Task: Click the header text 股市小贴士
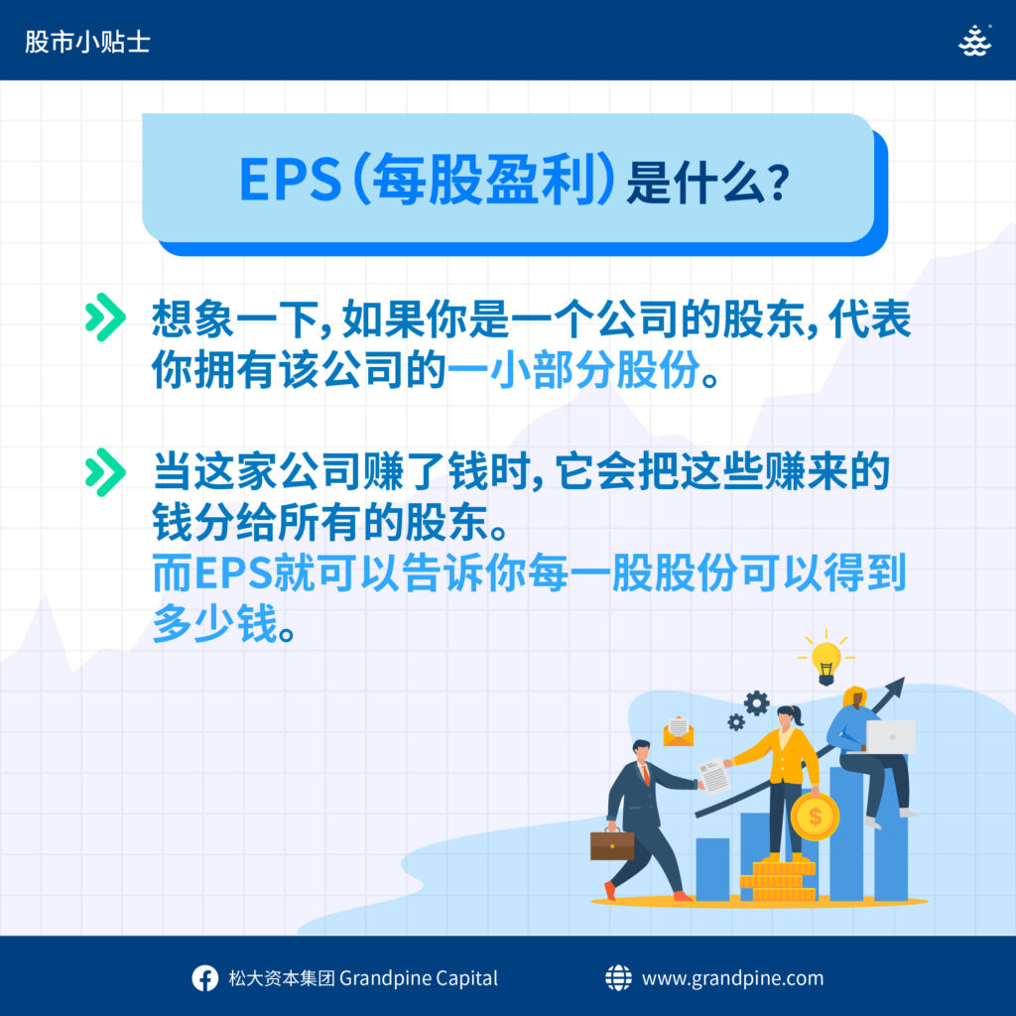pos(87,42)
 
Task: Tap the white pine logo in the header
pos(974,41)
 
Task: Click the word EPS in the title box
pos(291,180)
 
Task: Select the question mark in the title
pos(776,183)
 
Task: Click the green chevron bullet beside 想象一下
pos(105,317)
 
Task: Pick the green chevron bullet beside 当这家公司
pos(105,472)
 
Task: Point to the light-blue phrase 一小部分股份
pos(573,370)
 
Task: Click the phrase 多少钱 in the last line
pos(215,623)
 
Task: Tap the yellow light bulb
pos(825,662)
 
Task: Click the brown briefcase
pos(611,844)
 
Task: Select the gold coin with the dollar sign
pos(815,816)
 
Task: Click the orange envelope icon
pos(679,731)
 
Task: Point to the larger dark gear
pos(756,703)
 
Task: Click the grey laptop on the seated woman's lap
pos(890,737)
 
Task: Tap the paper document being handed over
pos(714,775)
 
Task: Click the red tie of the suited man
pos(645,775)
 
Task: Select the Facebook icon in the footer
pos(204,978)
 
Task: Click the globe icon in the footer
pos(618,977)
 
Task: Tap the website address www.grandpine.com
pos(732,978)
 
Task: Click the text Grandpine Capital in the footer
pos(419,978)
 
